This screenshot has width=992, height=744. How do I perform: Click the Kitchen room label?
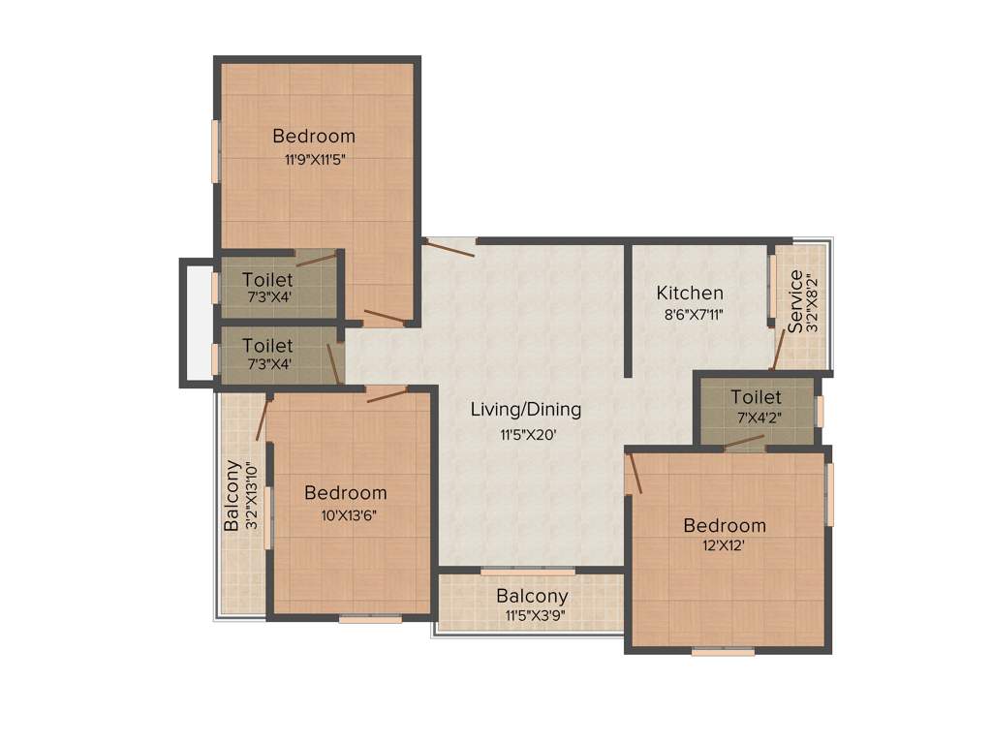click(690, 293)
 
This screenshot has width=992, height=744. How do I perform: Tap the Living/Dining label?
click(526, 410)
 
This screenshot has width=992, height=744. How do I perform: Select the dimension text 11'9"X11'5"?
click(315, 160)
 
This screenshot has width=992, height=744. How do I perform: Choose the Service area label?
click(795, 301)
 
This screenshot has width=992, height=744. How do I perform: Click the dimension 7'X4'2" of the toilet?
click(756, 418)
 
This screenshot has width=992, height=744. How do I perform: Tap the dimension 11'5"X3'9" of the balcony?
click(532, 615)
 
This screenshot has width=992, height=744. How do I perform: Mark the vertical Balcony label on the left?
click(232, 494)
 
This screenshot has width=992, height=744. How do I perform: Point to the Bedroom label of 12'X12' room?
click(725, 526)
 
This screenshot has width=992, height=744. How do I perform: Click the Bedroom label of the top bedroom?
click(314, 136)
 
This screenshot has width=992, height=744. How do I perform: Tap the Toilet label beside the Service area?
click(756, 397)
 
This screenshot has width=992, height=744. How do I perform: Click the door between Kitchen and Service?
click(778, 349)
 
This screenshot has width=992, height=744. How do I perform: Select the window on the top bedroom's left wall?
click(215, 150)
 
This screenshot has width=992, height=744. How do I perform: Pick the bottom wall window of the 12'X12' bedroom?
click(723, 652)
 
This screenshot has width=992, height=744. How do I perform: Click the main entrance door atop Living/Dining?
click(449, 246)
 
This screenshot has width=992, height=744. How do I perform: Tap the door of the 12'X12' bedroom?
click(634, 475)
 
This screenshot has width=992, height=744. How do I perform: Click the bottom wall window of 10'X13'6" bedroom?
click(370, 619)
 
